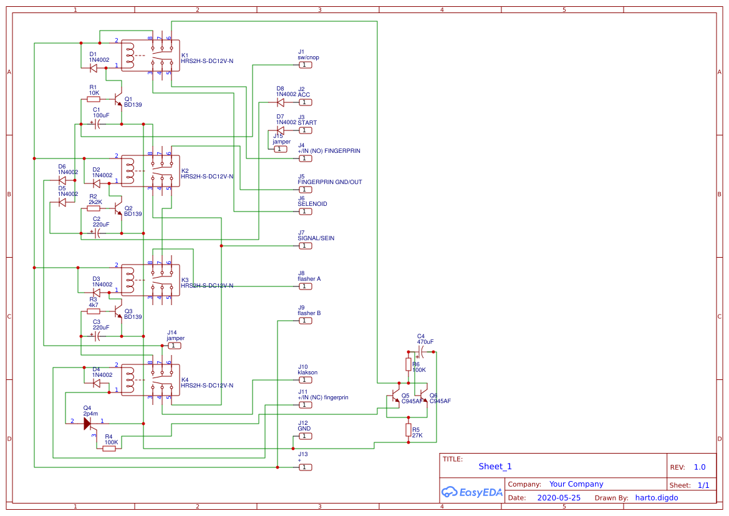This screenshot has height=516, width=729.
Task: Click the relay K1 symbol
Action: point(150,56)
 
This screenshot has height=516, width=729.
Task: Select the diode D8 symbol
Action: point(280,102)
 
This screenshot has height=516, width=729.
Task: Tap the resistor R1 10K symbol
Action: point(94,99)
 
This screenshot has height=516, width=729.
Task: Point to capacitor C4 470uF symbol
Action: point(422,352)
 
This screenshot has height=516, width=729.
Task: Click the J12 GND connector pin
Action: point(305,436)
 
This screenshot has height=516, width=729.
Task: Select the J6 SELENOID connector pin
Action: point(305,212)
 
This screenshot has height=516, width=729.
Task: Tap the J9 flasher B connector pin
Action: point(305,321)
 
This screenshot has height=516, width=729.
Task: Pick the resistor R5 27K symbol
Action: point(408,430)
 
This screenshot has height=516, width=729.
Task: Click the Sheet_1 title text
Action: point(495,466)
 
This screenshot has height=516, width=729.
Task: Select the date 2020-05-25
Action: point(558,498)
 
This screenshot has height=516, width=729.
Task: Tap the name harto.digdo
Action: point(656,498)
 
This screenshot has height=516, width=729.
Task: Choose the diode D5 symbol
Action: point(62,202)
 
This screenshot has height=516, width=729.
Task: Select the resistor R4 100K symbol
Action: point(110,448)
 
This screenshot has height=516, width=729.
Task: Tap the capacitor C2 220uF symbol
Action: point(97,233)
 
